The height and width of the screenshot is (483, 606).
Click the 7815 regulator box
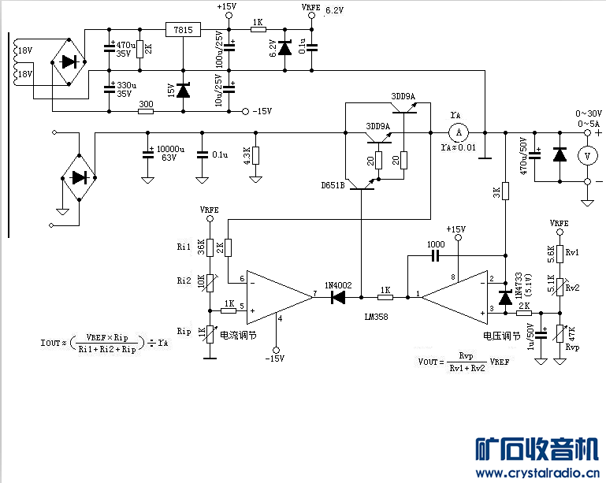point(183,30)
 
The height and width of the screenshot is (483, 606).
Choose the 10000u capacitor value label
point(170,148)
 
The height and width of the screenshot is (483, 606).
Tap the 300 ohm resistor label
point(146,102)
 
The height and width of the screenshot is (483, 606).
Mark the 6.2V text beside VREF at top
point(335,10)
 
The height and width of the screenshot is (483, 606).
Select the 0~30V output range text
point(589,113)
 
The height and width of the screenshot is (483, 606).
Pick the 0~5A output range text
point(589,124)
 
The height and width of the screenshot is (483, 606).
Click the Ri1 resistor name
point(184,247)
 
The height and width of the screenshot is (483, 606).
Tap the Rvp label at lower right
point(572,347)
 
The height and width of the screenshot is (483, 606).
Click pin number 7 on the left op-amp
point(314,293)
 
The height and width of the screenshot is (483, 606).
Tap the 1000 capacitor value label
point(435,243)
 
